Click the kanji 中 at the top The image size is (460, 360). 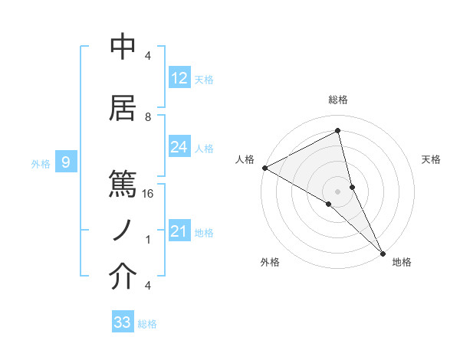coord(123,47)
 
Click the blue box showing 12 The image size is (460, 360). coord(179,78)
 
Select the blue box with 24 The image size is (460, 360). coord(179,148)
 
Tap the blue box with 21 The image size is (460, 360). coord(179,232)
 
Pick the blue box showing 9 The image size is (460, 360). coord(66,162)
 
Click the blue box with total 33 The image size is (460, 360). coord(123,322)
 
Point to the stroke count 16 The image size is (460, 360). coord(149,194)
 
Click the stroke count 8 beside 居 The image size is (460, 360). coord(148,117)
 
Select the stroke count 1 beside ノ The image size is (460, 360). coord(148,240)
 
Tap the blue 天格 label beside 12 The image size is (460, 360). coord(204,79)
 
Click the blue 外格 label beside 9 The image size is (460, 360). coord(40,163)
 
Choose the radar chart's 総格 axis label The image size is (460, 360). coord(338,100)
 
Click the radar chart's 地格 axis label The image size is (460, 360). coord(402,262)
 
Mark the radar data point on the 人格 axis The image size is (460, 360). coord(264,168)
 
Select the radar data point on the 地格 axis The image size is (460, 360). coord(383,254)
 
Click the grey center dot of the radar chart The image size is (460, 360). coord(338,191)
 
